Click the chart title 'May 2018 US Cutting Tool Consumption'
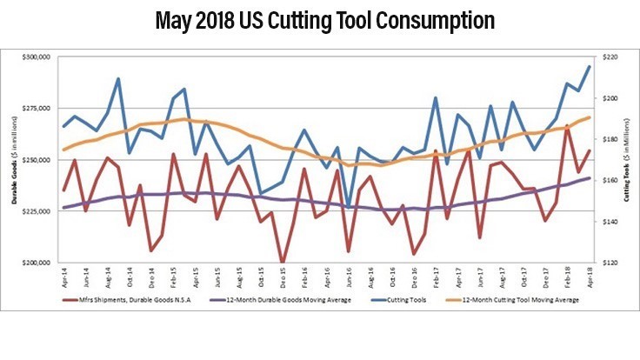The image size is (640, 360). tap(319, 19)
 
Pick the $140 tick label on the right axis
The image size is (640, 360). tap(606, 222)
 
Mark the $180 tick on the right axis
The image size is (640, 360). tap(606, 139)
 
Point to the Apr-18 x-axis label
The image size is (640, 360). tap(589, 277)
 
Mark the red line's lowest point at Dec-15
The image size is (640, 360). tap(282, 262)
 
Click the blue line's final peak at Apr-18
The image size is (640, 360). tap(589, 67)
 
